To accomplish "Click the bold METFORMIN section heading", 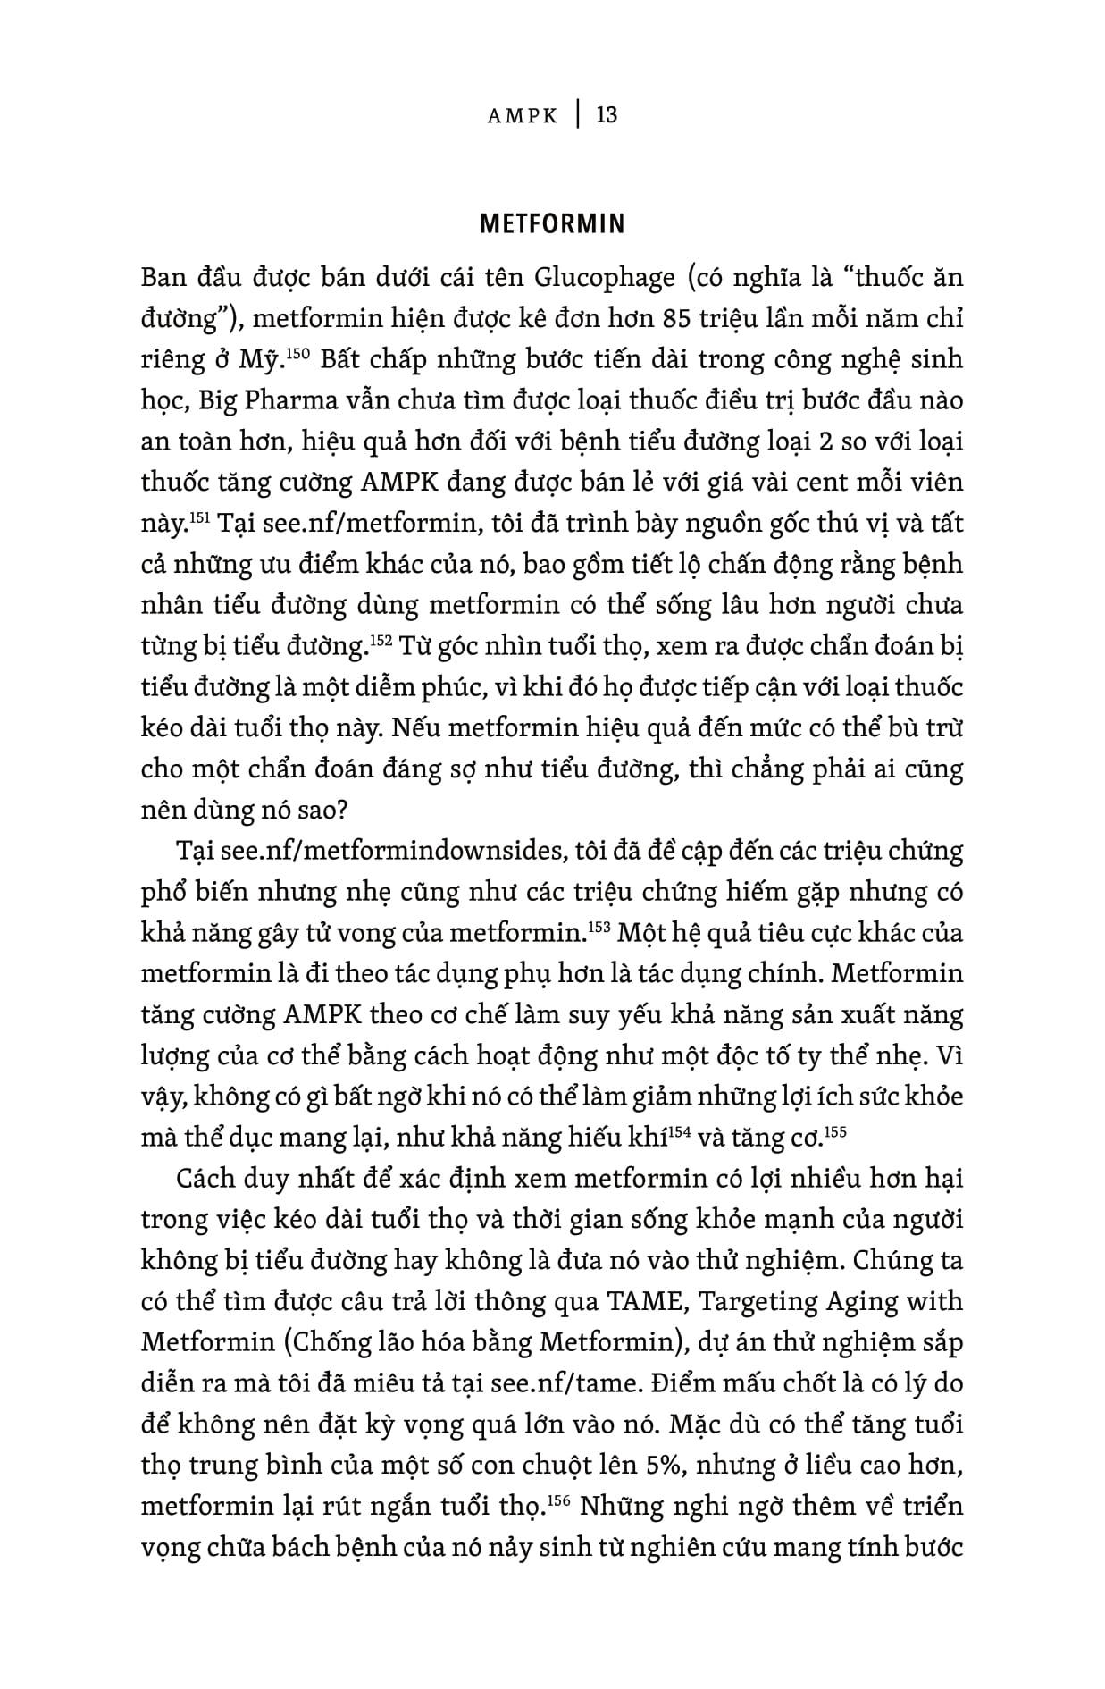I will (x=552, y=223).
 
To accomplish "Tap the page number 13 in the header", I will (x=606, y=114).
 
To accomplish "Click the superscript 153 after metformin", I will (x=598, y=927).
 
